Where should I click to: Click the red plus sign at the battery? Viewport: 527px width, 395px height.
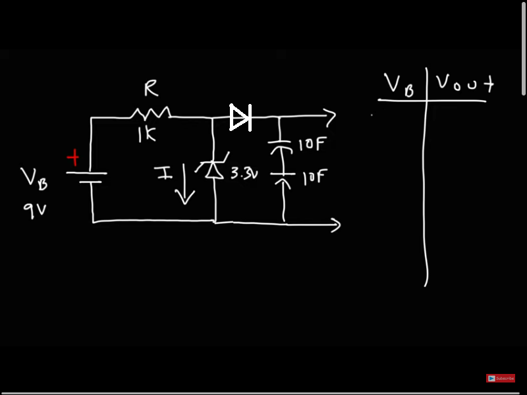pos(74,159)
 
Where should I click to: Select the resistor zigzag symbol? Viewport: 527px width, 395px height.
pos(153,112)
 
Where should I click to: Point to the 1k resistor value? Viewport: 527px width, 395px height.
pos(146,135)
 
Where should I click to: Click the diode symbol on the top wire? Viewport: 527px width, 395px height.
pos(240,118)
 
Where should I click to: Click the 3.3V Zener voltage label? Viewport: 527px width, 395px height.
pos(244,175)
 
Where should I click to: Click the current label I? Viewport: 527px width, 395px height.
pos(163,173)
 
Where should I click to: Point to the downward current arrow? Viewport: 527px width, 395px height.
pos(184,186)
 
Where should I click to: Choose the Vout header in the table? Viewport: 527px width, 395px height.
pos(464,84)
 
